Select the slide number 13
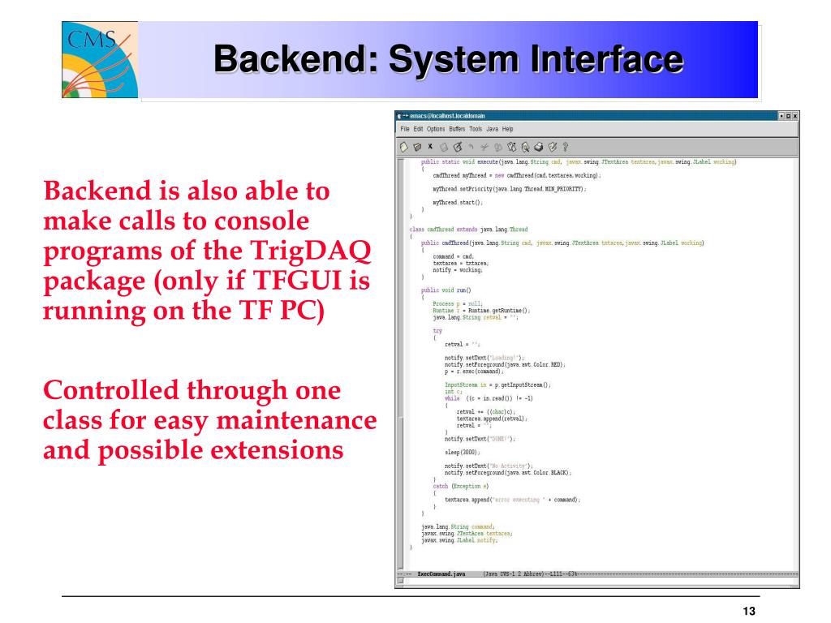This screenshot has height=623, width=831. pos(749,612)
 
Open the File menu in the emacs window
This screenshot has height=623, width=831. pos(406,129)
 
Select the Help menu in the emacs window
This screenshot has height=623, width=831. pos(508,129)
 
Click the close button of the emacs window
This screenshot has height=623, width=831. pos(794,116)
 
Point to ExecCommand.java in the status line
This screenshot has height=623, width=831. pos(441,574)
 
